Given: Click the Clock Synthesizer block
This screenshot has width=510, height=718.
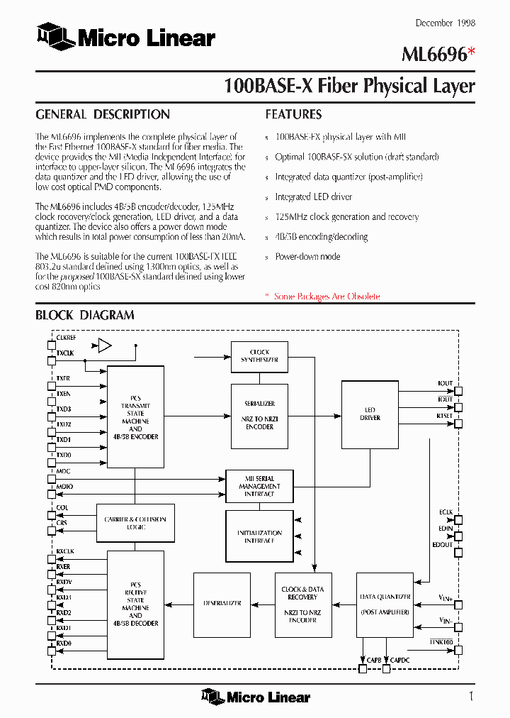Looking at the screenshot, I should coord(259,356).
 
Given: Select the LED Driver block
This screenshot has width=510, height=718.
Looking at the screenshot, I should coord(370,414).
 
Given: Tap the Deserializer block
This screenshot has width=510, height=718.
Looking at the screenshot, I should coord(222,603).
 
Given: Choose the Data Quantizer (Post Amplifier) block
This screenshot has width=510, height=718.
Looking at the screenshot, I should coord(385,604).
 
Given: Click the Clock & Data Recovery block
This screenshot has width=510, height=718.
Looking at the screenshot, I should coord(302,603).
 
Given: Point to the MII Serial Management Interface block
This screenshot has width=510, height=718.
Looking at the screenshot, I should coord(260,486).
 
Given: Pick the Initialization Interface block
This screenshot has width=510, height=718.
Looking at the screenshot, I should coord(259,536).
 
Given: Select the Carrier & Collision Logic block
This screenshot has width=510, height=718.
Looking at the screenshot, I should coord(130,523).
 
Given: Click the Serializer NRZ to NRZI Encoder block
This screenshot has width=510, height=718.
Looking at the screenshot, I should coord(259,416).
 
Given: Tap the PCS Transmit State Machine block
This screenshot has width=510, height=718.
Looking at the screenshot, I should coord(135,416).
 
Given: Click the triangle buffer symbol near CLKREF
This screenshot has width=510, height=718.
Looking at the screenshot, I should coord(105,346).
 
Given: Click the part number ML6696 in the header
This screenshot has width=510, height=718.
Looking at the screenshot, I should coord(433,55).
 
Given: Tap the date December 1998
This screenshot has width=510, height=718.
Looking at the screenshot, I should coord(445,23).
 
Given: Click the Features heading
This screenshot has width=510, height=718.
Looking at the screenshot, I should coord(293,114).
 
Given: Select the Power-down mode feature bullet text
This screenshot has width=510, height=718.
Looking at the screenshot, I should coord(307,256).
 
